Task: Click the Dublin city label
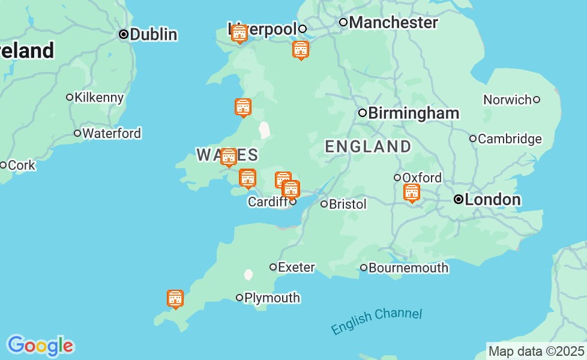[153, 34]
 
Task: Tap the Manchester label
[393, 23]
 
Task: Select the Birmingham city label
[414, 113]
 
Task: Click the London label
[493, 199]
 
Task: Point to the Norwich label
[507, 100]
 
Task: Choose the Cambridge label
[510, 139]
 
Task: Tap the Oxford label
[422, 178]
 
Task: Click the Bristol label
[348, 204]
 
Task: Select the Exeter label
[297, 267]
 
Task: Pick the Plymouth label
[272, 298]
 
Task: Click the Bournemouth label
[408, 268]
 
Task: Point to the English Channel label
[376, 321]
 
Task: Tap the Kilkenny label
[99, 97]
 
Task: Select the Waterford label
[112, 133]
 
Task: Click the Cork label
[22, 165]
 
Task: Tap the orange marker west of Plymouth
[175, 299]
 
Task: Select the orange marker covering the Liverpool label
[239, 34]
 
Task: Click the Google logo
[40, 346]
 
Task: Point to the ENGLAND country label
[368, 146]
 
